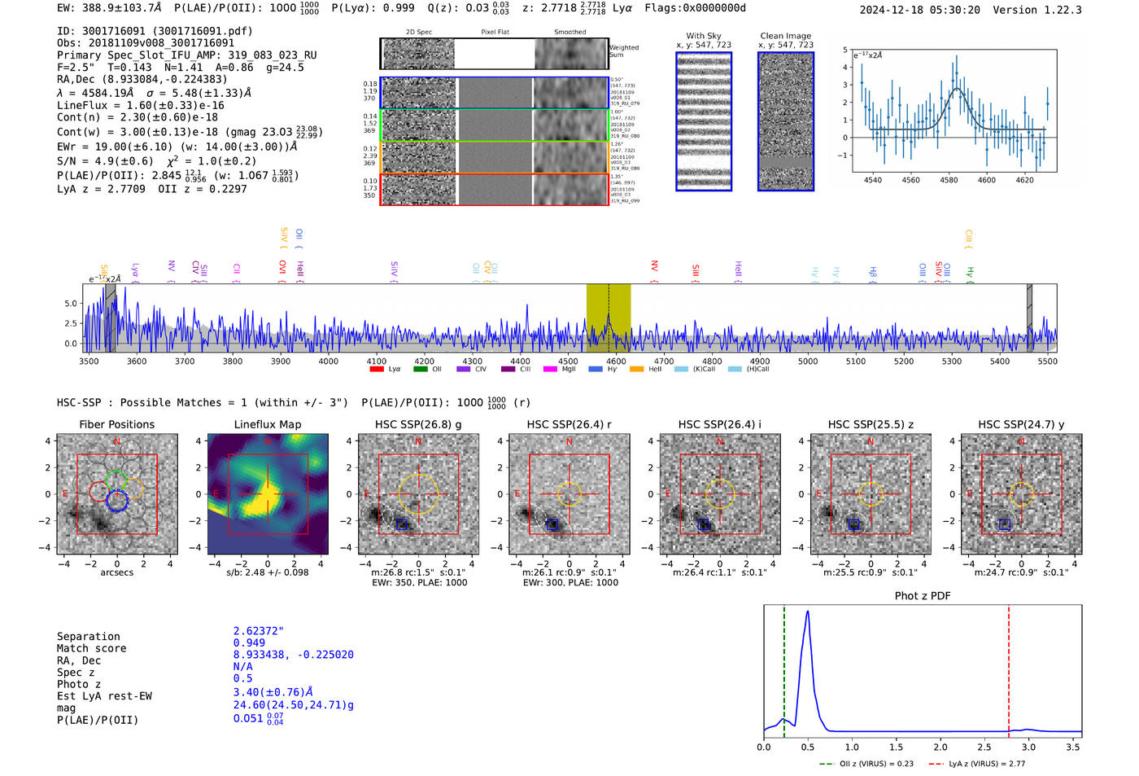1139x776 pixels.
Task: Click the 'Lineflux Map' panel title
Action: click(x=267, y=424)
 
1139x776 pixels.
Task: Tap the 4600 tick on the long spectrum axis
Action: click(x=616, y=362)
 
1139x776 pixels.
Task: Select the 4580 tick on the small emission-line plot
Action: click(x=949, y=180)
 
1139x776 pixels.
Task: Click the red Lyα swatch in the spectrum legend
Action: click(x=377, y=369)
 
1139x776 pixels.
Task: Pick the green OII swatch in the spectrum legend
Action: click(x=420, y=369)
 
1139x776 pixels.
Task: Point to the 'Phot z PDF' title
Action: click(x=922, y=595)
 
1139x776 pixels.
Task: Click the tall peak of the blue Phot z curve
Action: click(x=807, y=612)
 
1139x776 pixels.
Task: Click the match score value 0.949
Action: click(x=249, y=642)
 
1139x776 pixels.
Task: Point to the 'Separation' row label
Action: click(x=88, y=636)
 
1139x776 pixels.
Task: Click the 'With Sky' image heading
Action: click(x=703, y=36)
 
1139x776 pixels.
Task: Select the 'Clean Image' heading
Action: click(x=785, y=36)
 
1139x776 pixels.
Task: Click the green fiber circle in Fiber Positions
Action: click(x=116, y=479)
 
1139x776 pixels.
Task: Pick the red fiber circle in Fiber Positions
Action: click(x=98, y=491)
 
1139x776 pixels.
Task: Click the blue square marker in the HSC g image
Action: click(x=402, y=524)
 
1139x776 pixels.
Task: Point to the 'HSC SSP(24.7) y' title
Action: click(x=1020, y=424)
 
